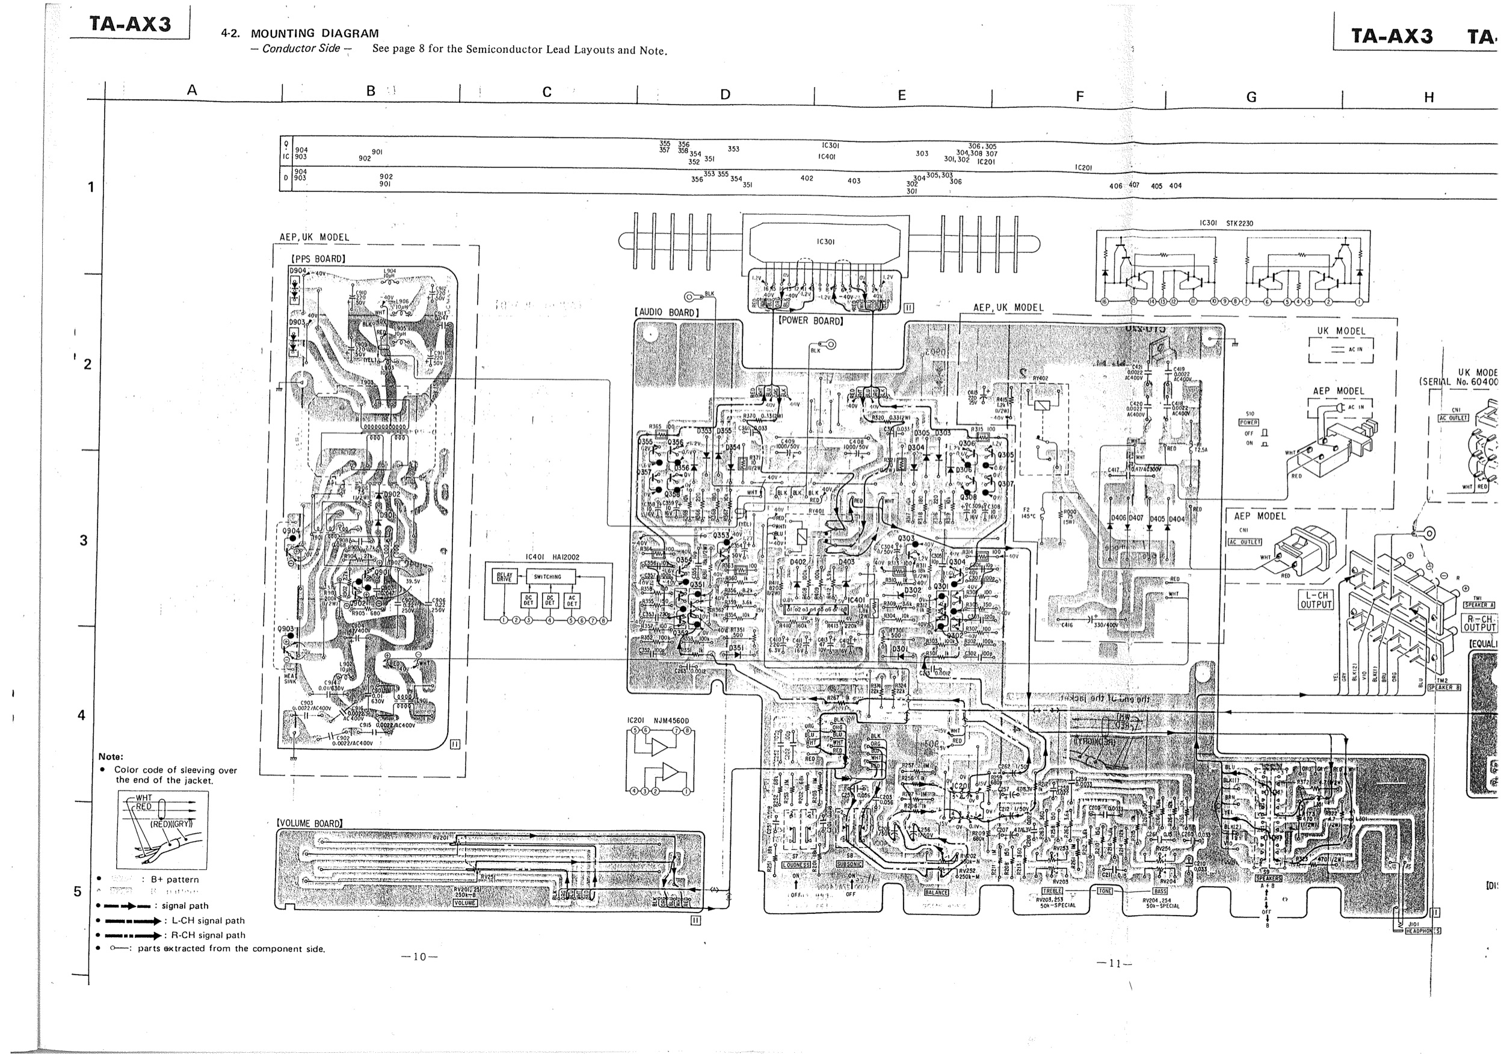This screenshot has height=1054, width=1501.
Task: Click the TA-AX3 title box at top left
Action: pyautogui.click(x=130, y=24)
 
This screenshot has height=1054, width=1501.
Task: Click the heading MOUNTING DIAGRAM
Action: pyautogui.click(x=315, y=33)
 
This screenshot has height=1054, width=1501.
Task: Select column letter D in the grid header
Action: pyautogui.click(x=725, y=95)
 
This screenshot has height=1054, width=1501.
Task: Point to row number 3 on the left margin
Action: pyautogui.click(x=83, y=541)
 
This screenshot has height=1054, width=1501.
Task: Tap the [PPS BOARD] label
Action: pyautogui.click(x=318, y=259)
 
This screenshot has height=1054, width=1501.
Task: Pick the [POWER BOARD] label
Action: pyautogui.click(x=810, y=321)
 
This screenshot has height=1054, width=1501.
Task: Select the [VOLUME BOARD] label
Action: pyautogui.click(x=309, y=823)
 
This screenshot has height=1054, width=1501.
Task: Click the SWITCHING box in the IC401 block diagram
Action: pyautogui.click(x=547, y=577)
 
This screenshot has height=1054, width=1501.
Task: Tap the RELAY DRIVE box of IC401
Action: pyautogui.click(x=504, y=577)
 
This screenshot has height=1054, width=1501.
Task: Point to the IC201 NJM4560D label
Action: pyautogui.click(x=658, y=721)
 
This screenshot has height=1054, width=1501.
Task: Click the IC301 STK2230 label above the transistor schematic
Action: pyautogui.click(x=1226, y=223)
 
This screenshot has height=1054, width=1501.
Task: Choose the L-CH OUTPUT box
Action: pyautogui.click(x=1315, y=600)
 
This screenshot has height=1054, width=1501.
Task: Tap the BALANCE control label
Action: pyautogui.click(x=936, y=892)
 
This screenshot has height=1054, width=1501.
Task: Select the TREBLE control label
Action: pyautogui.click(x=1052, y=890)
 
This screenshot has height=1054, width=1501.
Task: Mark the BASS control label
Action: pyautogui.click(x=1160, y=890)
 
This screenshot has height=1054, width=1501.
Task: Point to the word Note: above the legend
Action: pyautogui.click(x=111, y=756)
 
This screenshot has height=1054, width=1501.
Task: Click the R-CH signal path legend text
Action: pyautogui.click(x=209, y=935)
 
